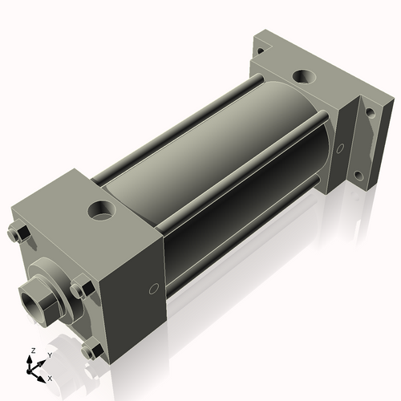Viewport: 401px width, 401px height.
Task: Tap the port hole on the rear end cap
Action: click(306, 77)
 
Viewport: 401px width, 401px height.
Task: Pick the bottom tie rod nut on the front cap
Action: click(91, 350)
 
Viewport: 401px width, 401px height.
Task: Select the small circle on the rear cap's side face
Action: click(341, 148)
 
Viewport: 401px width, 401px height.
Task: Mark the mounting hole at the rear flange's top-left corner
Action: click(263, 48)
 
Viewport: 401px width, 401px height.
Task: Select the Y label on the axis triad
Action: click(49, 354)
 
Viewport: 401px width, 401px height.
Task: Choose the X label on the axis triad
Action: click(51, 377)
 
